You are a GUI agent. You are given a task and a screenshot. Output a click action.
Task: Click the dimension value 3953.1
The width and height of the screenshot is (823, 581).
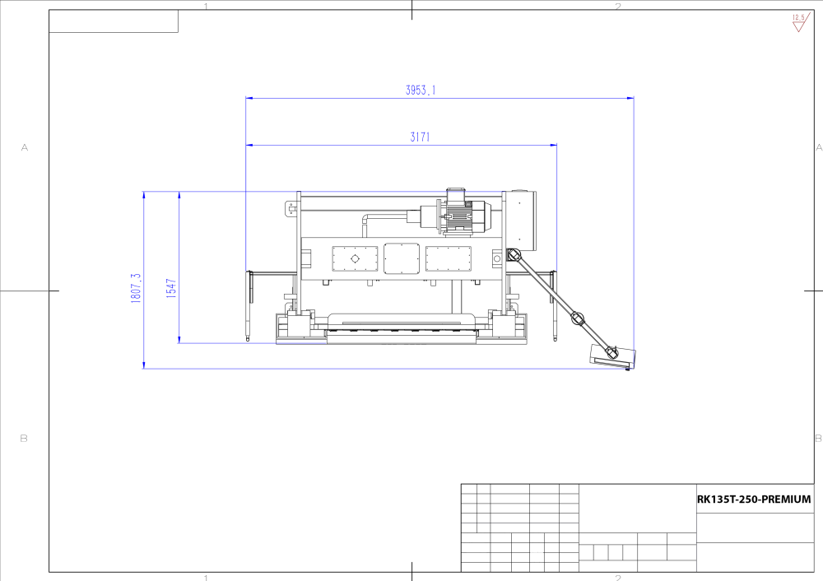tap(421, 90)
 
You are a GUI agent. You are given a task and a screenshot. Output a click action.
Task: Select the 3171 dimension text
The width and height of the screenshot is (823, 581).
tap(420, 137)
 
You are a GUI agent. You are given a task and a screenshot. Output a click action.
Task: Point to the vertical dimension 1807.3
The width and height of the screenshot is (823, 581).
tap(136, 287)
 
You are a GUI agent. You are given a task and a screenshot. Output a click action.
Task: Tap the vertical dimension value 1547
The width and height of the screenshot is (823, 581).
tap(171, 289)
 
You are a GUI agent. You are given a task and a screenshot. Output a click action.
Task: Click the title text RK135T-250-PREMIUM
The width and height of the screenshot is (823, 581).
tap(754, 500)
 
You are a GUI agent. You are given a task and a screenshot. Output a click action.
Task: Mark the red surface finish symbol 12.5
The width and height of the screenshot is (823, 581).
tap(800, 22)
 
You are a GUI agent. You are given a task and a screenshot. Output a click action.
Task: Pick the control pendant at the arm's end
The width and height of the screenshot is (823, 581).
tap(613, 356)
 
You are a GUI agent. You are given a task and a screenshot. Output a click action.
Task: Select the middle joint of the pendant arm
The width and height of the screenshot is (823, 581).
tap(578, 318)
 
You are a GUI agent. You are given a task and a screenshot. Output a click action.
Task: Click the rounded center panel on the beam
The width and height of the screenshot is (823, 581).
tap(402, 258)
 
